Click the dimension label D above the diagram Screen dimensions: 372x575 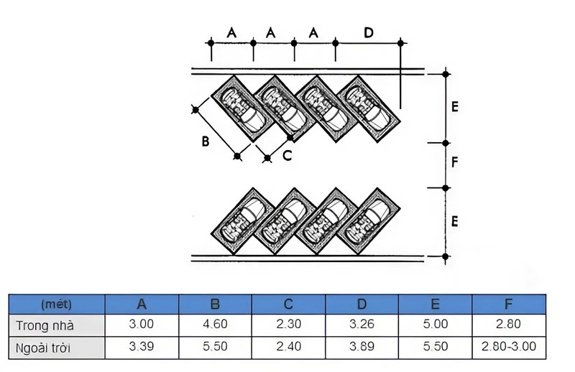point(369,32)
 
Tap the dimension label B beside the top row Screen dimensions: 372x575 point(206,142)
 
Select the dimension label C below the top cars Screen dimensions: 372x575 point(287,156)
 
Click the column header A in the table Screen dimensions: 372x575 point(142,304)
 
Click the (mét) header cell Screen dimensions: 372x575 point(57,304)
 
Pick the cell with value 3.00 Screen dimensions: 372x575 point(142,325)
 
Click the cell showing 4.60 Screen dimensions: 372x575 point(214,325)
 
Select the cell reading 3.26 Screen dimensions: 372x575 point(361,325)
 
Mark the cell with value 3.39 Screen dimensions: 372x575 point(142,347)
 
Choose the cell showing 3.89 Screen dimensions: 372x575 point(361,347)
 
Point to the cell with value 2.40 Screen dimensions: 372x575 point(287,347)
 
